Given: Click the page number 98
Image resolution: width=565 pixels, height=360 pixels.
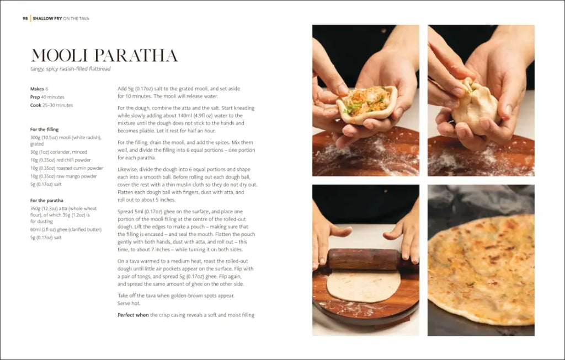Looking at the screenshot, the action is point(25,18).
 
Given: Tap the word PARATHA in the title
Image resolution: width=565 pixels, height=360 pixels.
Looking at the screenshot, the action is point(136,56).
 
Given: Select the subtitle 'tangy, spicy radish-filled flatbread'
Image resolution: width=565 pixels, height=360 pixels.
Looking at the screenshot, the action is point(71,69).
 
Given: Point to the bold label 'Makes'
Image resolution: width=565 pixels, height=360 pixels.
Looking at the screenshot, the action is point(37,89).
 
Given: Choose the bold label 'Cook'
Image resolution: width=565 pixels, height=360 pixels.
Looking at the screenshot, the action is point(36,105).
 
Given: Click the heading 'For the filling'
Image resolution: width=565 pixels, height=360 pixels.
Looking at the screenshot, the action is point(44,130).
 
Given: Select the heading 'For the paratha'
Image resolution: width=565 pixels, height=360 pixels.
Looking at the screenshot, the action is point(46,201).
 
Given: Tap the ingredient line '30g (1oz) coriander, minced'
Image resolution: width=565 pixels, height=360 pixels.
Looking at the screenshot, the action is point(58,152).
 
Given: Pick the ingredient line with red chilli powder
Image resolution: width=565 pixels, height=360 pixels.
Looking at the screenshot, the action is point(61,160).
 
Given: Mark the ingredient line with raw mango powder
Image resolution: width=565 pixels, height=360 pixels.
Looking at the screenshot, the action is point(64,176).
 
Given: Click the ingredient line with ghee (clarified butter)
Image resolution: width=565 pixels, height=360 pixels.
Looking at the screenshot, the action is point(66,230).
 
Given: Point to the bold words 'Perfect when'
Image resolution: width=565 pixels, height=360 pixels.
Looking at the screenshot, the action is point(133,315).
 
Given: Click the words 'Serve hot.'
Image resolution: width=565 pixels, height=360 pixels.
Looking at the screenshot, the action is point(129,303).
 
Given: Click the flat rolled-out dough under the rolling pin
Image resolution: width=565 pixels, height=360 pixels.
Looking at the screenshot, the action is point(363,286).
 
